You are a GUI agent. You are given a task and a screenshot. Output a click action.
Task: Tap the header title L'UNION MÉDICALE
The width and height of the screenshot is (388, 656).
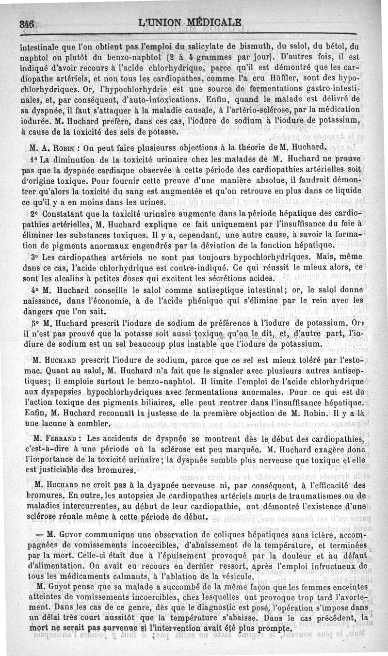pos(190,23)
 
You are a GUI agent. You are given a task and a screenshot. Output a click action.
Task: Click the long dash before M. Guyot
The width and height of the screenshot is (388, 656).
pos(40,532)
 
